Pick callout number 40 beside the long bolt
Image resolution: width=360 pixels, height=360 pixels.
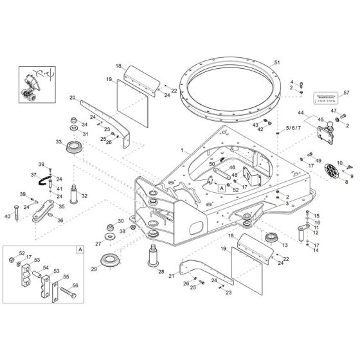(7, 217)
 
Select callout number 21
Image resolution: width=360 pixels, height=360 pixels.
(172, 276)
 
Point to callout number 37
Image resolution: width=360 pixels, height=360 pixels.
(34, 174)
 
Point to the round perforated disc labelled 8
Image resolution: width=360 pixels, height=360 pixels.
(332, 171)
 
